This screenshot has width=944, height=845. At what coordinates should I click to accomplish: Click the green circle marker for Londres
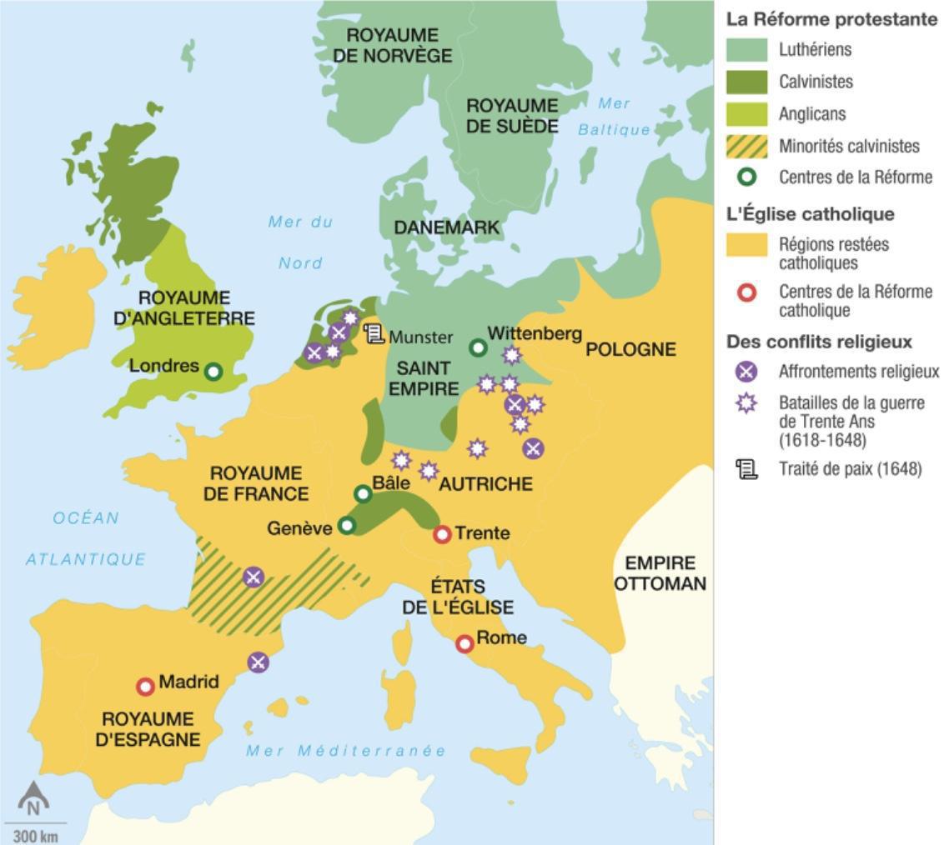[213, 372]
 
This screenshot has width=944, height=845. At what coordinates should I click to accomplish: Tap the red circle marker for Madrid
[146, 687]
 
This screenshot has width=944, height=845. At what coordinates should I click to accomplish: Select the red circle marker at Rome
[464, 643]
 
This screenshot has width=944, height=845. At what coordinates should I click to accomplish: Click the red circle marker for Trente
[442, 534]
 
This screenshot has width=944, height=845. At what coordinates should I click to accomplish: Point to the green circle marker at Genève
[347, 526]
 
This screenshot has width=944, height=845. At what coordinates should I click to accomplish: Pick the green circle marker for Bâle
[363, 494]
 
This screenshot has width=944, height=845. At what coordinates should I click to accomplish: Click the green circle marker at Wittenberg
[478, 347]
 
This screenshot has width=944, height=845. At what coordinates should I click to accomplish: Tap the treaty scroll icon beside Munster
[374, 335]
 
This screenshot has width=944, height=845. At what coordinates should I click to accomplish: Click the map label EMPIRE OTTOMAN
[660, 573]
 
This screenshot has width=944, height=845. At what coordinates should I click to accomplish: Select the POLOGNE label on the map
[630, 349]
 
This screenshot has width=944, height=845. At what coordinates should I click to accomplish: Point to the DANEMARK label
[446, 227]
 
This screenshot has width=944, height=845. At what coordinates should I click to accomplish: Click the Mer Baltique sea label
[615, 117]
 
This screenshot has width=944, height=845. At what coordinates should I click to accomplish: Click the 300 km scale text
[35, 836]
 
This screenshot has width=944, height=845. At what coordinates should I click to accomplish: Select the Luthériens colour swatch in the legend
[746, 50]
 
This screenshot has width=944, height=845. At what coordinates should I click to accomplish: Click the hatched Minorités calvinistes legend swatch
[746, 147]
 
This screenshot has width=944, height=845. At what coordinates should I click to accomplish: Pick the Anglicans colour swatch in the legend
[746, 114]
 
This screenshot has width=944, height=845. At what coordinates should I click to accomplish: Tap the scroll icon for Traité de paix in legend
[746, 469]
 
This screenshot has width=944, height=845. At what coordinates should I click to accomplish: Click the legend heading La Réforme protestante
[831, 19]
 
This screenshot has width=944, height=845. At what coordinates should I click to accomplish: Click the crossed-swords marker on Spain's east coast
[259, 662]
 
